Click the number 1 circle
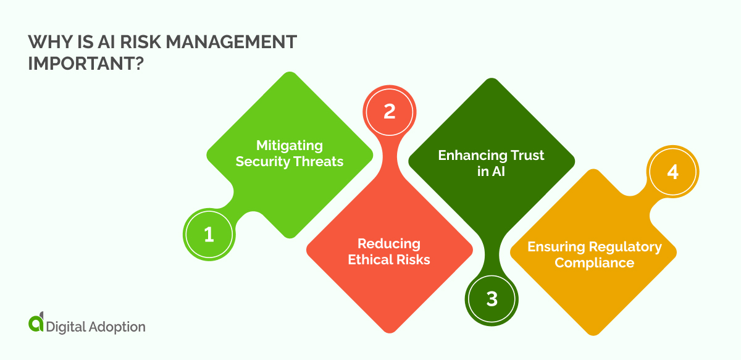(209, 235)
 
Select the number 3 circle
(492, 299)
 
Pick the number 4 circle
(672, 172)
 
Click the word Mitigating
(290, 146)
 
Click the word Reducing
(389, 243)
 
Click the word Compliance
(594, 263)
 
